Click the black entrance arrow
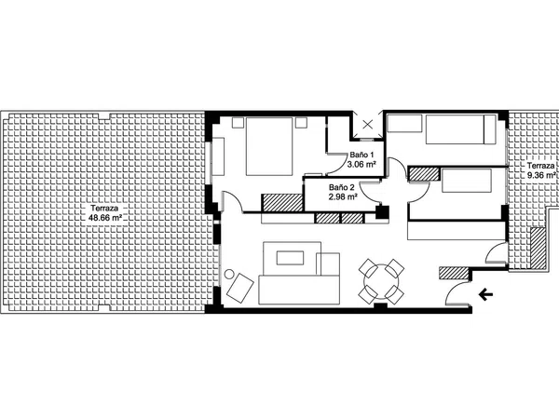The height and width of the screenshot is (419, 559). pos(485,294)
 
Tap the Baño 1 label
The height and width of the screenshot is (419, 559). pos(361,155)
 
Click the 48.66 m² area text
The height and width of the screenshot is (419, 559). pos(105,218)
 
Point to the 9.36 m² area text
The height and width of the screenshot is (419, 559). pos(542,175)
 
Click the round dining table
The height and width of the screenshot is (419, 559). pos(381,281)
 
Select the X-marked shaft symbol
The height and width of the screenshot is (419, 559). pos(368,125)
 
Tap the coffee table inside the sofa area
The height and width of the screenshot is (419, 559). pos(290,258)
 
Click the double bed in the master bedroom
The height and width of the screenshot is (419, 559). pos(269,146)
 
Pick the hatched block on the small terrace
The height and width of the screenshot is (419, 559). pos(538,248)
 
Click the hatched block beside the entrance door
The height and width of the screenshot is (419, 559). pos(453,273)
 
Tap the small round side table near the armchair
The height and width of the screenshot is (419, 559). pos(229,274)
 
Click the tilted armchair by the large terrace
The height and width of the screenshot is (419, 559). pos(240,287)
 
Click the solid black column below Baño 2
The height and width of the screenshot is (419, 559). pos(383,212)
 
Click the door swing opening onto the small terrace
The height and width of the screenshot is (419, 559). pos(494,251)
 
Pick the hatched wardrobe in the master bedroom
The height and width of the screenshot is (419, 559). pos(282,202)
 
